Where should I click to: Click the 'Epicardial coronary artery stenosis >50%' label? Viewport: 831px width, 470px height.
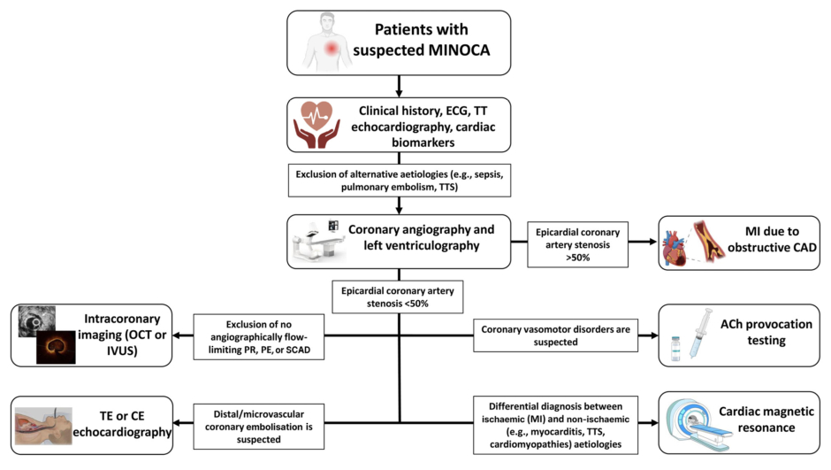coord(576,241)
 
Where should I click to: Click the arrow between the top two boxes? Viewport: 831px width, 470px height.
coord(400,85)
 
